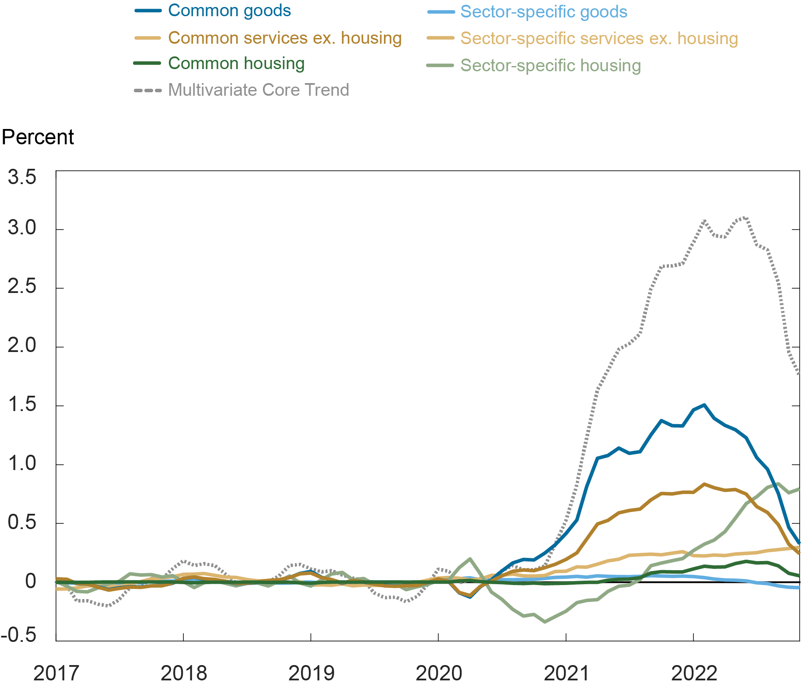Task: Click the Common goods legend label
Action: [229, 10]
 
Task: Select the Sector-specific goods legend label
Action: [544, 12]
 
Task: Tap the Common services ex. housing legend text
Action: [285, 38]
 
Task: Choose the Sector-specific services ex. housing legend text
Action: [599, 38]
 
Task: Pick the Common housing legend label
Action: [236, 63]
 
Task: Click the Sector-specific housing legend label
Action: [550, 66]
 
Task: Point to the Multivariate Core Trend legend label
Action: [259, 90]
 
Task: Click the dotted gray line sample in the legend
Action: [148, 91]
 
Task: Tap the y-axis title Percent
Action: [38, 137]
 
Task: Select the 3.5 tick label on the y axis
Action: [22, 178]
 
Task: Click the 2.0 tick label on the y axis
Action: [22, 345]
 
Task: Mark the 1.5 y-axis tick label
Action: [22, 404]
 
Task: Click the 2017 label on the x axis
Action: [56, 673]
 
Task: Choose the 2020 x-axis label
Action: [438, 673]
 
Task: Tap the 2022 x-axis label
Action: [694, 673]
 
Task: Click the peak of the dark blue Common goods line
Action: [704, 405]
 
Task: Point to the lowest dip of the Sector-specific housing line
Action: [545, 621]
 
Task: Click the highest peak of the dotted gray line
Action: [745, 216]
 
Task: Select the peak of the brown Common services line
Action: [704, 484]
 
